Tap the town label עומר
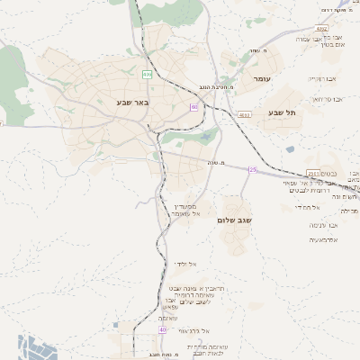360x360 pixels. point(262,79)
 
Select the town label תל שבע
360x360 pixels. point(282,112)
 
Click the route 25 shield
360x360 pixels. point(253,169)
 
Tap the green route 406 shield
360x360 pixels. point(147,74)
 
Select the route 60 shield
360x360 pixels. point(193,106)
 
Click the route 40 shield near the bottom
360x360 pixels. point(162,329)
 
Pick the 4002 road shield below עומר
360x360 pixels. point(245,115)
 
